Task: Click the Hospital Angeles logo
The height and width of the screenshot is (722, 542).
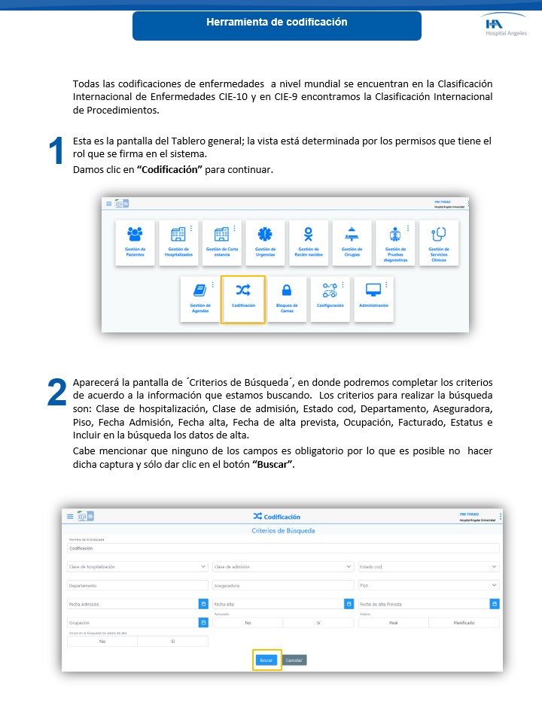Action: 506,26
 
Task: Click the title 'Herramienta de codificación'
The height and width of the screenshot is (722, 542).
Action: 277,23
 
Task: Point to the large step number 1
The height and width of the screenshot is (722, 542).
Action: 56,153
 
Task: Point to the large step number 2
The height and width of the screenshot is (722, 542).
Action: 56,393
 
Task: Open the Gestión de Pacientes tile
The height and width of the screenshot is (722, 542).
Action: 135,242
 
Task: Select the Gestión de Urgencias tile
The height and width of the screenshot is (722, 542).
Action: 264,242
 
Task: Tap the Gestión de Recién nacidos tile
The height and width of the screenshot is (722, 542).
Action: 308,242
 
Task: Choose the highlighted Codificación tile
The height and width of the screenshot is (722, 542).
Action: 243,299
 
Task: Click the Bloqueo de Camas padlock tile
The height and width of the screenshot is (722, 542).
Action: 287,299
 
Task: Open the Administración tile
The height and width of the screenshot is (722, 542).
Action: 373,299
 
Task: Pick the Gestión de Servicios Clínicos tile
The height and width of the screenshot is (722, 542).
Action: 439,242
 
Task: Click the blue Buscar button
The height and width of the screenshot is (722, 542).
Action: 266,660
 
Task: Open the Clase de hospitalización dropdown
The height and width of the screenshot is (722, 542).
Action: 137,566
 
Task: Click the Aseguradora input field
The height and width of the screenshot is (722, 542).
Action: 283,585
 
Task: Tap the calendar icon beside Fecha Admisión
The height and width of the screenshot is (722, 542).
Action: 203,604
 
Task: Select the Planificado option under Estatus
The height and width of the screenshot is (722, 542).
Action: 464,623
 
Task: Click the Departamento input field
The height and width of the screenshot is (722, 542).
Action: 137,585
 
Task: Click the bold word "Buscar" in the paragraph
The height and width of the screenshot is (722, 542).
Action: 274,464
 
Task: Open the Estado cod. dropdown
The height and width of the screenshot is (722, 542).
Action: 428,566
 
